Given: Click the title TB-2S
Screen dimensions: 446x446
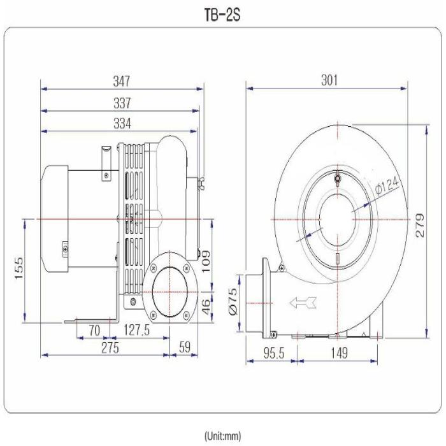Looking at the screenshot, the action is tap(222, 15).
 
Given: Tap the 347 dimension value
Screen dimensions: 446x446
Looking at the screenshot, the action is tap(122, 81).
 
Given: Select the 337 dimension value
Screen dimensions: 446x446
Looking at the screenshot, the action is tap(122, 103).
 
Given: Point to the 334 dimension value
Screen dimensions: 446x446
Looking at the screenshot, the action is tap(122, 124).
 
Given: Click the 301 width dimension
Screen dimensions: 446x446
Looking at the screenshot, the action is tap(329, 80).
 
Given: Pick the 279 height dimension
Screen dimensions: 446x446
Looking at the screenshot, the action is tap(420, 226).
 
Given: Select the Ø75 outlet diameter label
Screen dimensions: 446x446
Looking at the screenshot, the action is tap(233, 302).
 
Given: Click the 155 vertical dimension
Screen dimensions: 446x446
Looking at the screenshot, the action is tap(19, 268).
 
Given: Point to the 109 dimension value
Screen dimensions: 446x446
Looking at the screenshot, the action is tap(206, 261).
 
